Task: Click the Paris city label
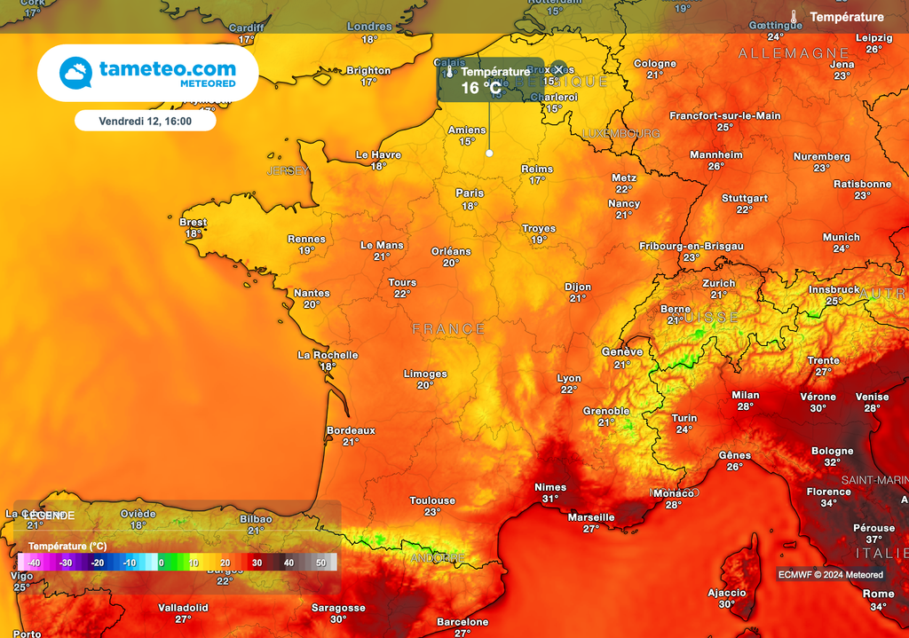[x=470, y=193]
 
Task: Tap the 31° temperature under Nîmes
[x=550, y=499]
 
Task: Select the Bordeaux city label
[x=351, y=430]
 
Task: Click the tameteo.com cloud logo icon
[x=75, y=73]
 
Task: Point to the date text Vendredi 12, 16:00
[x=145, y=121]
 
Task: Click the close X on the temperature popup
[x=558, y=70]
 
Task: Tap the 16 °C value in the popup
[x=481, y=88]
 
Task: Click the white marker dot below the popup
[x=488, y=154]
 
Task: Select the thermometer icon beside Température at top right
[x=794, y=17]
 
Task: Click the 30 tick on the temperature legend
[x=256, y=563]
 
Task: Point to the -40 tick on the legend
[x=33, y=563]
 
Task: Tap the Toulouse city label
[x=432, y=500]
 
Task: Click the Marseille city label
[x=591, y=517]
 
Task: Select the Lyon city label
[x=569, y=379]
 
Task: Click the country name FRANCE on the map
[x=448, y=329]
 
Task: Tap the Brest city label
[x=193, y=223]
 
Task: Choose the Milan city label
[x=745, y=395]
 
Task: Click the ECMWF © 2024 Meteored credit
[x=830, y=575]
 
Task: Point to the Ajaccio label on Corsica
[x=727, y=593]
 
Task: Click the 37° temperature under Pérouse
[x=874, y=540]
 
